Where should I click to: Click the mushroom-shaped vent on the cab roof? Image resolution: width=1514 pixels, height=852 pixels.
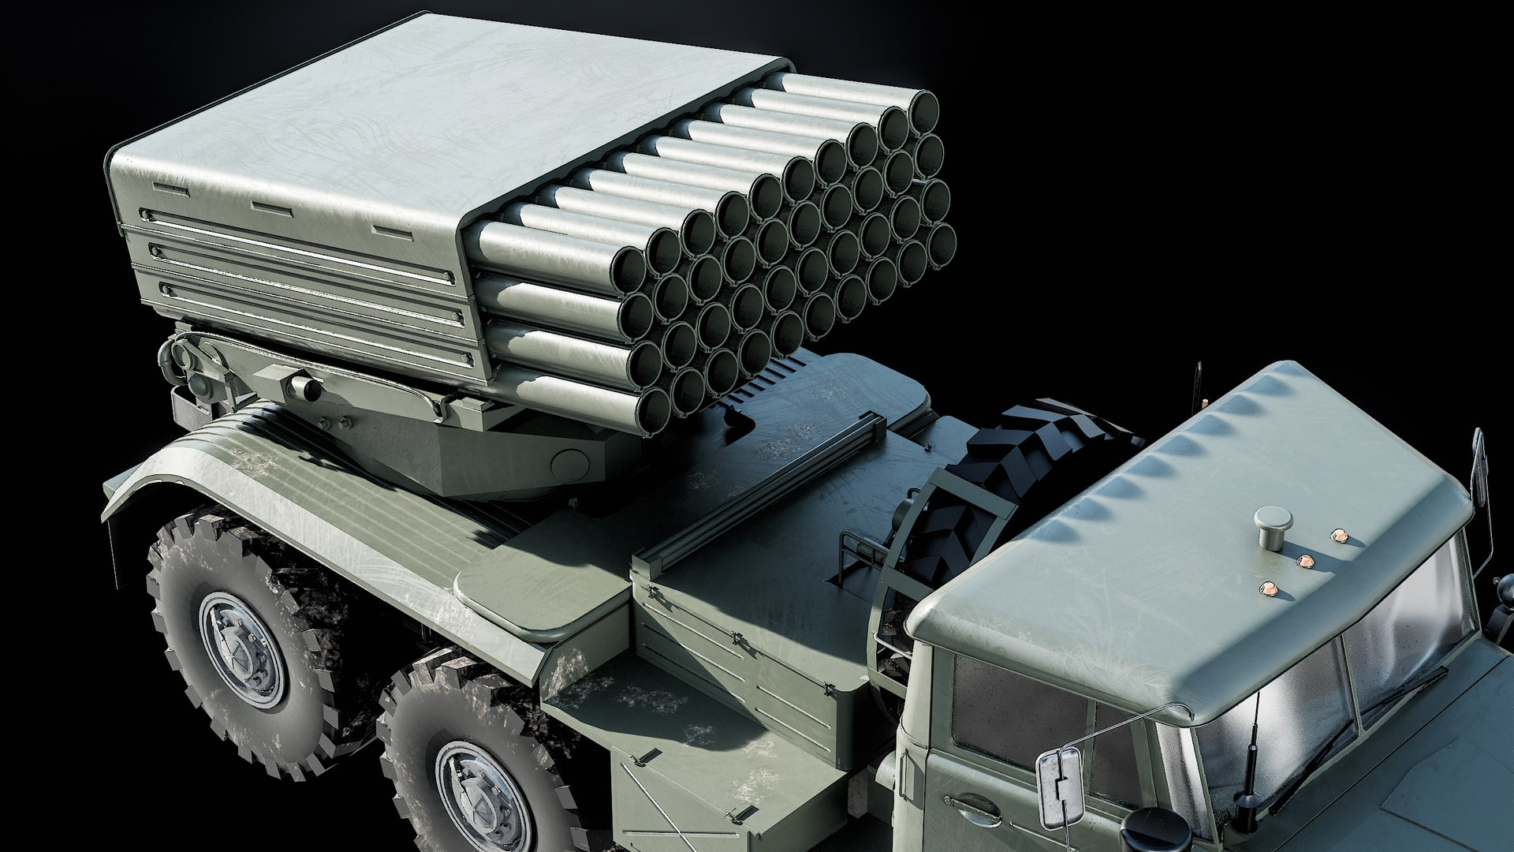[x=1273, y=525]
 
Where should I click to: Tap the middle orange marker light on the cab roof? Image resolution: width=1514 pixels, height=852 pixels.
[x=1306, y=561]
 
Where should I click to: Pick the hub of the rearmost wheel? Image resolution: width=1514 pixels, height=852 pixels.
[x=241, y=648]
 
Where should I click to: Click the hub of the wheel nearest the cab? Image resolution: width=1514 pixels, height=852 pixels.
[x=483, y=797]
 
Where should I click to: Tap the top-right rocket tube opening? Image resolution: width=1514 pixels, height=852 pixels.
[x=923, y=110]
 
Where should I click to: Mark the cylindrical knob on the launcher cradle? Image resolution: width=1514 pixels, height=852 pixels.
[x=303, y=387]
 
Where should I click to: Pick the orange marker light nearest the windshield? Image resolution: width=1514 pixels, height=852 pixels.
[x=1269, y=589]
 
